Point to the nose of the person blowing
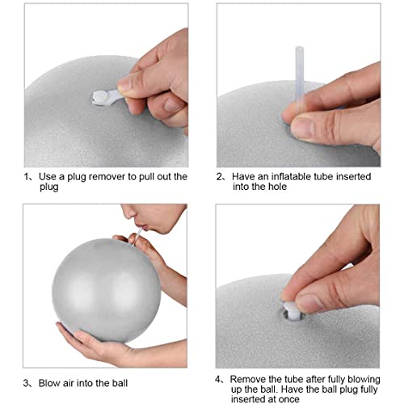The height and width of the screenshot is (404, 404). pos(128,215)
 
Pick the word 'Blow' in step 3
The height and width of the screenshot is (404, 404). pos(49,382)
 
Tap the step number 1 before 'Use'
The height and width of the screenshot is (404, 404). pos(23,176)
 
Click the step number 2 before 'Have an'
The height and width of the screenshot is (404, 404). pos(219,176)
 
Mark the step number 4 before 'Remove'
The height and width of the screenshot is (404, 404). pos(219,378)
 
